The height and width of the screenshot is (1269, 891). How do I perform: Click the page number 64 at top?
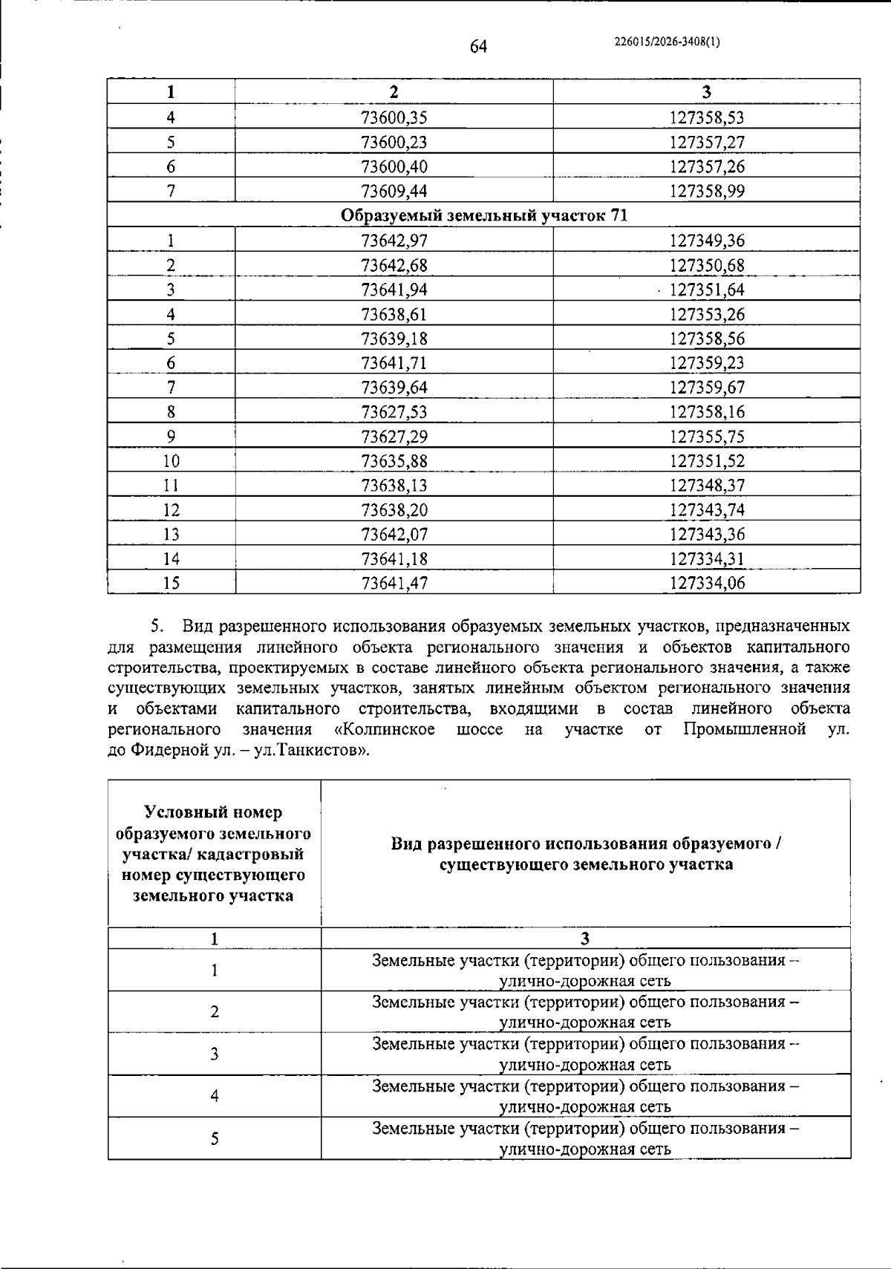pos(478,47)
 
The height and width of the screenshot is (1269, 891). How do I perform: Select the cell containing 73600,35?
pos(394,117)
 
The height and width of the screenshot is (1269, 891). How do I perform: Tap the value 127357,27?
pos(707,142)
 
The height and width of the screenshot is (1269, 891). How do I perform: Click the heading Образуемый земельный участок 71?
pos(484,215)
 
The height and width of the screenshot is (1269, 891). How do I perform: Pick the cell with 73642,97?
pos(394,241)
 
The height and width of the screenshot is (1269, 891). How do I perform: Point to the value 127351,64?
pos(707,290)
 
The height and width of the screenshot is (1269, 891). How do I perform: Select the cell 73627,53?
pos(394,412)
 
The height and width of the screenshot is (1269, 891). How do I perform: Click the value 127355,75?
pos(707,437)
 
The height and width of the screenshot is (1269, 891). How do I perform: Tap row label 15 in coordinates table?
pos(172,584)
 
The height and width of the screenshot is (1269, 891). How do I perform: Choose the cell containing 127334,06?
pos(707,584)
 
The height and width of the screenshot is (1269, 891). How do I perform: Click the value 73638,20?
pos(394,510)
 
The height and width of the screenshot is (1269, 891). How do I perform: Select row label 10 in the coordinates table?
pos(172,461)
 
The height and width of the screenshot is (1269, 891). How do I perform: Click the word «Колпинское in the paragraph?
pos(385,729)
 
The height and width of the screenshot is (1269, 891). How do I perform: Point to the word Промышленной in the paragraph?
pos(744,729)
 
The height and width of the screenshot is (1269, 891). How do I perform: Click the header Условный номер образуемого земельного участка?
pos(214,854)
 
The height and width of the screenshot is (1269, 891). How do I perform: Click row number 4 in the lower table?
pos(215,1096)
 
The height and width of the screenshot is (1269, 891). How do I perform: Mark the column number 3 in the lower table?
pos(586,938)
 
